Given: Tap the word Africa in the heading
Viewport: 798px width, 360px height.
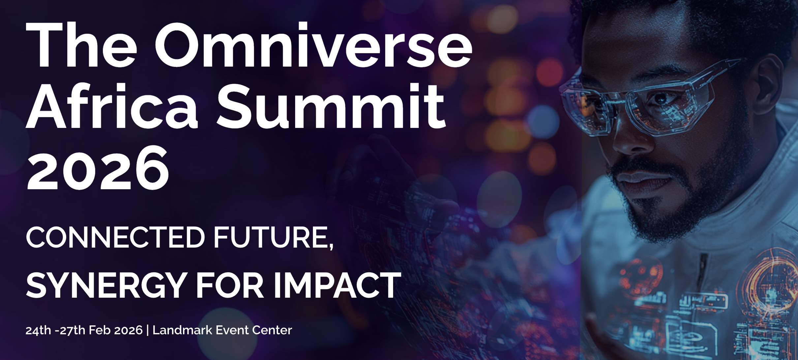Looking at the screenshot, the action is pos(112,106).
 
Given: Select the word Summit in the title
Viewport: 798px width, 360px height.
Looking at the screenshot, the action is pos(331,106).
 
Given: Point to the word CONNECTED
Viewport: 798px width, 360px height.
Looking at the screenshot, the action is pos(115,237).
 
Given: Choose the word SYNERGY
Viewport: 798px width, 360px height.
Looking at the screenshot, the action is pos(107,285).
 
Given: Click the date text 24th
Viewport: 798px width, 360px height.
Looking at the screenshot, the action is pos(38,330).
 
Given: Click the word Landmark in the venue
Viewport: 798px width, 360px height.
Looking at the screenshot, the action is pos(182,330).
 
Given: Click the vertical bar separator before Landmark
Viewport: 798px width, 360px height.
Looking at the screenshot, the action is pos(147,331).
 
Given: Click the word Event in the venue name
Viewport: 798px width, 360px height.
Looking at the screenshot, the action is pos(232,330).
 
